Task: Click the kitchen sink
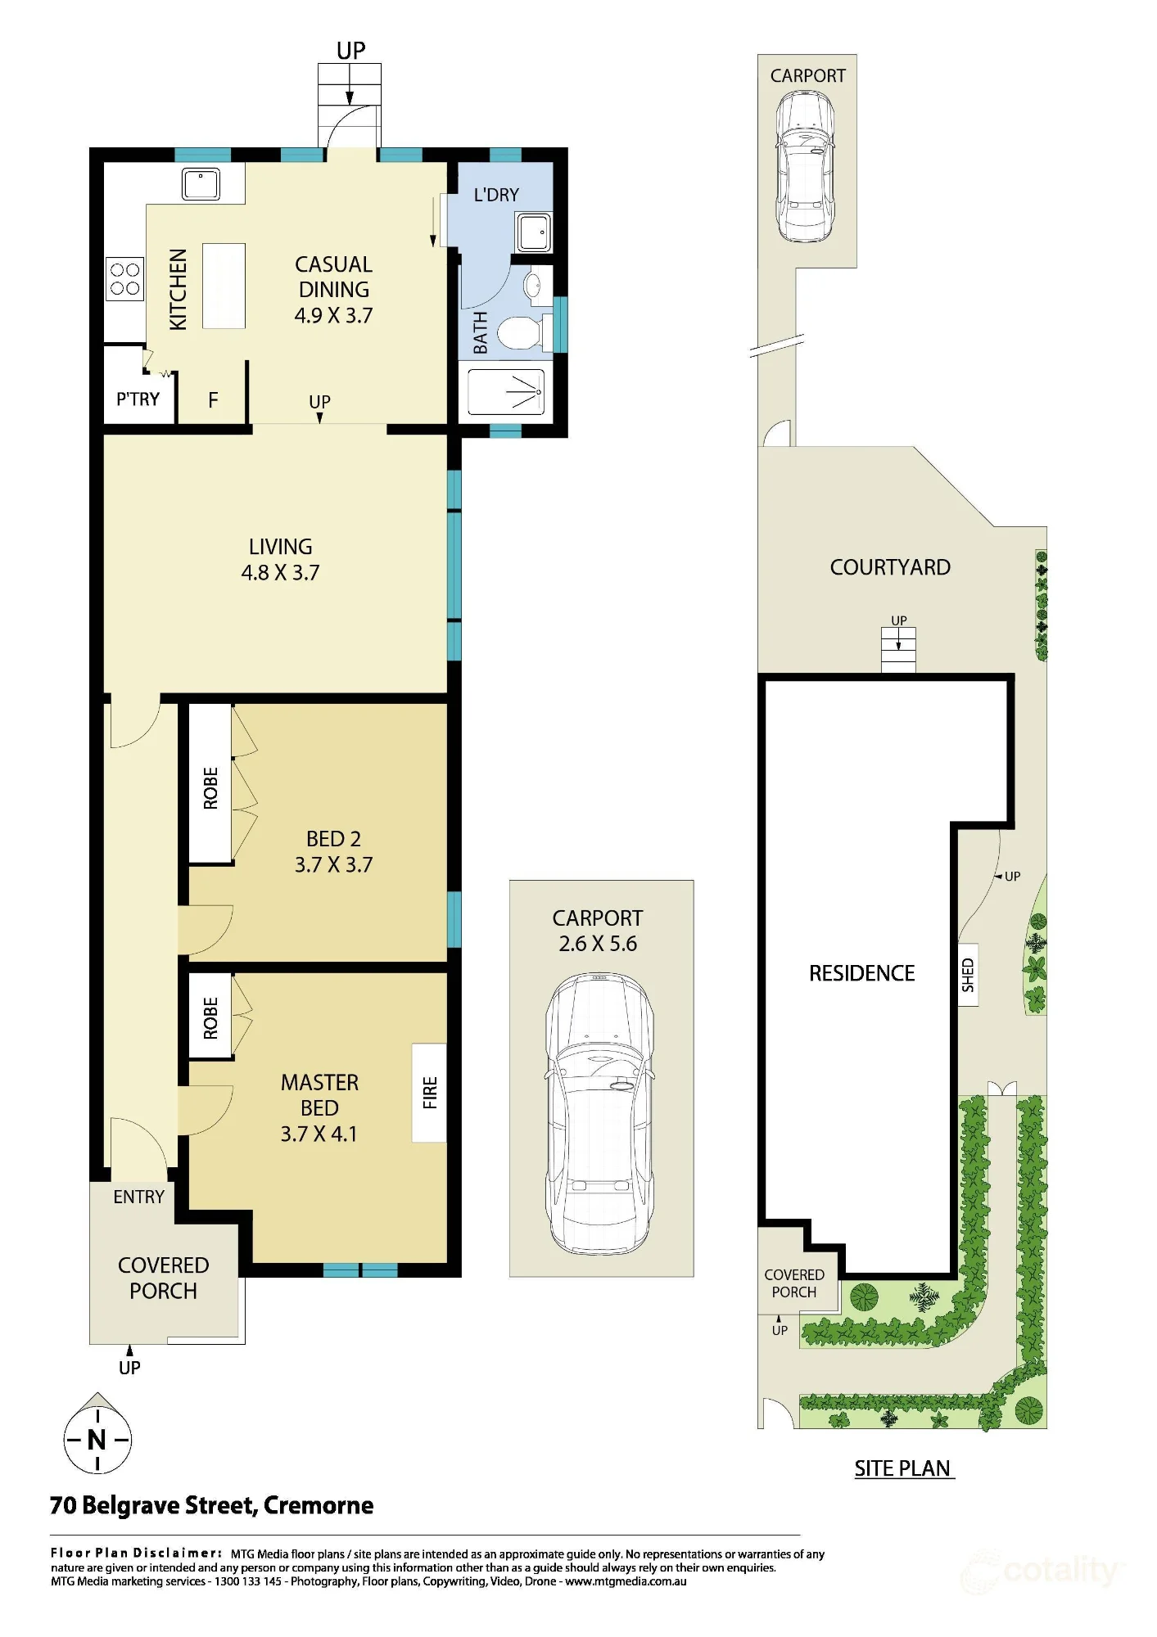(201, 184)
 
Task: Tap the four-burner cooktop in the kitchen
(124, 278)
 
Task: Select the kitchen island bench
(224, 286)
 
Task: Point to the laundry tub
(534, 232)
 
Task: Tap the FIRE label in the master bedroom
(430, 1092)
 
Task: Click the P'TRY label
(138, 399)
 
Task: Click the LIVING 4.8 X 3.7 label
(281, 560)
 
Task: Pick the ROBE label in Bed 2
(210, 788)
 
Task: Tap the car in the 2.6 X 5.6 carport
(600, 1113)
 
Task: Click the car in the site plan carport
(805, 166)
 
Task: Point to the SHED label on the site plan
(968, 975)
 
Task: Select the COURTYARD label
(890, 567)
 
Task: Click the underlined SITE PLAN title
(902, 1468)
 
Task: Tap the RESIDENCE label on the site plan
(862, 973)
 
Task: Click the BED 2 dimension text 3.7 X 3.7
(333, 865)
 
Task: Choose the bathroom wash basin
(532, 286)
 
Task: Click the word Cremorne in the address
(319, 1505)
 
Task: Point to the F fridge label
(213, 400)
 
